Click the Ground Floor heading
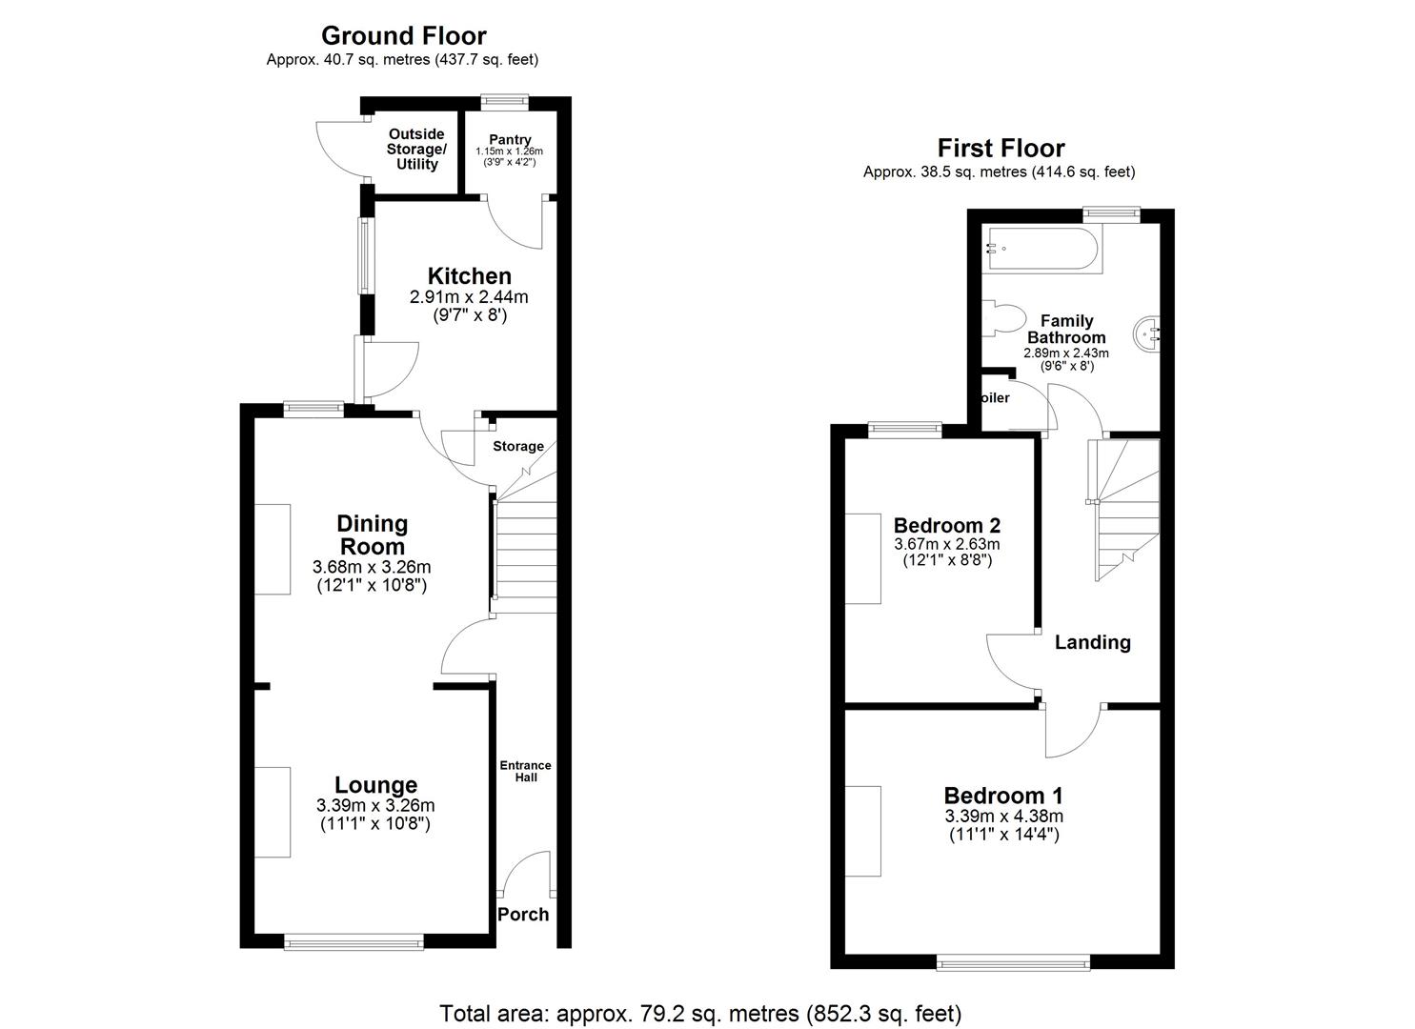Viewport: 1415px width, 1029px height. (x=403, y=36)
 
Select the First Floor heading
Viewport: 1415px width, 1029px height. (x=1001, y=149)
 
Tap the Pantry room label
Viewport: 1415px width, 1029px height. (x=510, y=140)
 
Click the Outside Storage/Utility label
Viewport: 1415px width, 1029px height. (x=416, y=150)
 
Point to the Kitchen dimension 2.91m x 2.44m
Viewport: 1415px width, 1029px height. (x=469, y=297)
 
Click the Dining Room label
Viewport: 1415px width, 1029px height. (x=372, y=535)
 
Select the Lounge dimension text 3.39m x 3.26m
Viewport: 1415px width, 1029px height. (x=375, y=806)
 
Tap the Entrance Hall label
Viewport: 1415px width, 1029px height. (x=526, y=771)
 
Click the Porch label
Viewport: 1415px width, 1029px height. (x=523, y=915)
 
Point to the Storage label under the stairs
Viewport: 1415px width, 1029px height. (x=518, y=446)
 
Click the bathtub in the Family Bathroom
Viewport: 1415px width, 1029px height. (x=1042, y=250)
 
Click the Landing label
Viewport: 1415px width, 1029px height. (x=1092, y=642)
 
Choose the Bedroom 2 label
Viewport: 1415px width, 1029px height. (x=947, y=526)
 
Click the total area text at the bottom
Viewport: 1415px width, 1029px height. (x=700, y=1013)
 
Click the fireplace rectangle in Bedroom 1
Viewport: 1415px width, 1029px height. (x=862, y=831)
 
